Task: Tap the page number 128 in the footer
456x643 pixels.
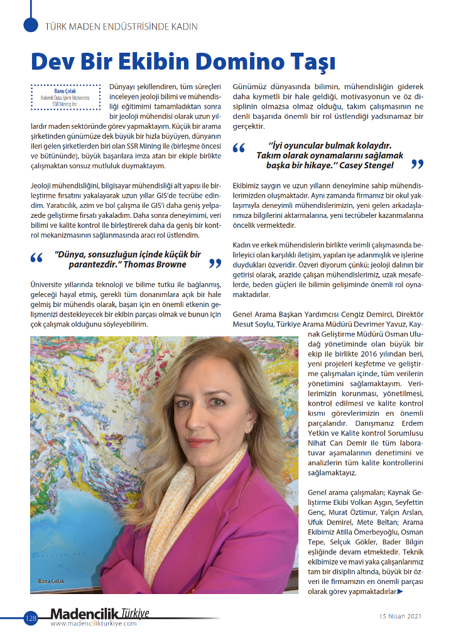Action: point(31,619)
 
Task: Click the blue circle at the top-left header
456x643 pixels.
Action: point(31,24)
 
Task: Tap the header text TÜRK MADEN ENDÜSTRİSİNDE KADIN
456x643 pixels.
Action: point(122,26)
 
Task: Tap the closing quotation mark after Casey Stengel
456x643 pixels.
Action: point(416,165)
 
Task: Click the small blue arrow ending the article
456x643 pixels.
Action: point(400,592)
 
